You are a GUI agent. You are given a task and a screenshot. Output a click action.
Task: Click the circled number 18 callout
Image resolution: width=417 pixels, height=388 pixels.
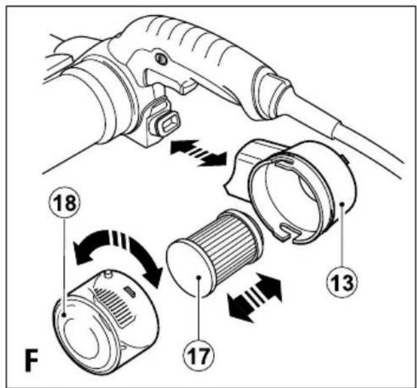point(64,203)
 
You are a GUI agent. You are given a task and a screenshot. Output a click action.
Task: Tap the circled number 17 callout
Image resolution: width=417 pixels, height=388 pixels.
point(199,356)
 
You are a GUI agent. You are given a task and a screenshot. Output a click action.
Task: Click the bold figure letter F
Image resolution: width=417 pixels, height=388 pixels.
point(31,360)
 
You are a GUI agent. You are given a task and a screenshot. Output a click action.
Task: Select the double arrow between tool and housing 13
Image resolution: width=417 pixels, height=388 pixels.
point(198,153)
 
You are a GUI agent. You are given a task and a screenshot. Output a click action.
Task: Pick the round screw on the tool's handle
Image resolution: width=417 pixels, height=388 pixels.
point(161,59)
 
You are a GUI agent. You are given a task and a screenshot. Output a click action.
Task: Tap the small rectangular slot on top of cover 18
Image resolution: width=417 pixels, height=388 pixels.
point(131,292)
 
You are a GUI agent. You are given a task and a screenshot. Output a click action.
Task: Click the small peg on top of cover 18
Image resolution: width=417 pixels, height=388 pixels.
point(108,274)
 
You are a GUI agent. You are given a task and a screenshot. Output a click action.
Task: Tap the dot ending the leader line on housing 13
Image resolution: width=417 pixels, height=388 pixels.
point(342,204)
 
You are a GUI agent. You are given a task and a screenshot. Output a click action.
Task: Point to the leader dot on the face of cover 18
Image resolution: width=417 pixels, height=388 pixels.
point(64,315)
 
